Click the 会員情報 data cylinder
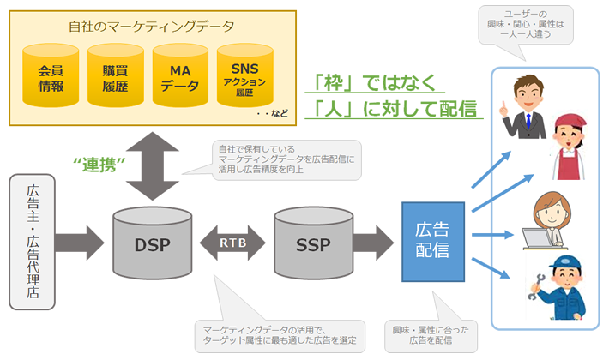(x=51, y=78)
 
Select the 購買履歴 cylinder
(x=114, y=78)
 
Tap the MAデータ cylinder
(x=178, y=78)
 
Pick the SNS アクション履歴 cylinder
(x=243, y=78)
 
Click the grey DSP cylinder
(x=153, y=245)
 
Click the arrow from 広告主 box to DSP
(x=82, y=242)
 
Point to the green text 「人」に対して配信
(x=395, y=111)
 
